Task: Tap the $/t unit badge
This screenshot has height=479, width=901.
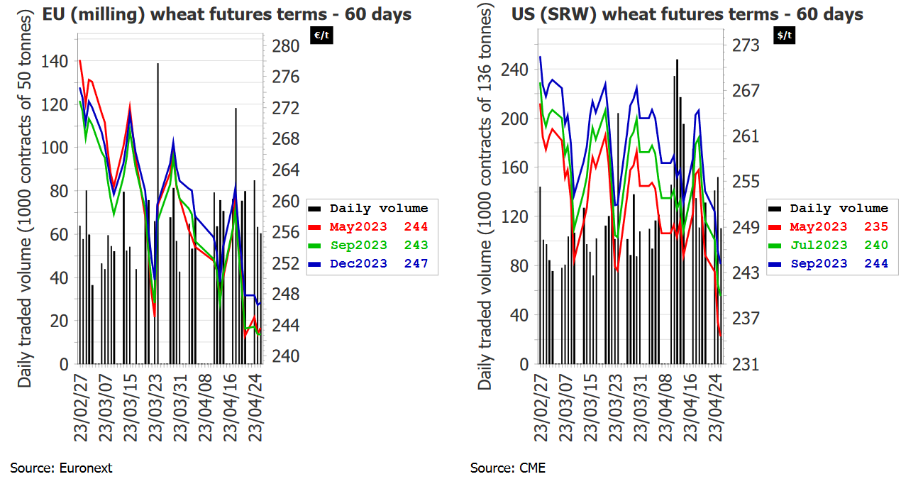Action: pos(785,35)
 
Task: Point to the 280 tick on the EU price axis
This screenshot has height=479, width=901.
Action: pos(286,46)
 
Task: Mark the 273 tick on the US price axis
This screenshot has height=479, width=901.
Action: pos(746,45)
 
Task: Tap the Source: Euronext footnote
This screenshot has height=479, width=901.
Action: pos(61,468)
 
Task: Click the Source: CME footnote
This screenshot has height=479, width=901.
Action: pos(508,468)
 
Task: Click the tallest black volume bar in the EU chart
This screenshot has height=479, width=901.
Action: pos(157,213)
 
